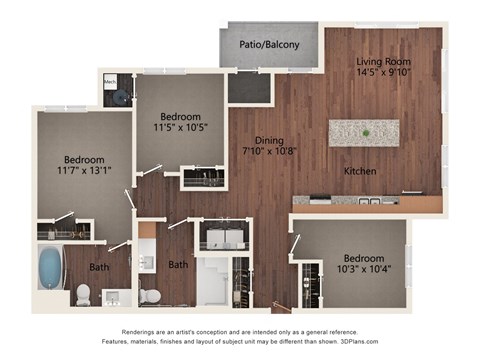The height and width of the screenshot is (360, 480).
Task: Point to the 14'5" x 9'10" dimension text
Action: tap(383, 71)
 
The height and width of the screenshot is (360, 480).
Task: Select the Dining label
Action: tap(267, 141)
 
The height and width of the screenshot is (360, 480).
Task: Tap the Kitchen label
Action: tap(360, 171)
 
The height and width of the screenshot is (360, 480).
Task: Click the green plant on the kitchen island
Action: tap(366, 133)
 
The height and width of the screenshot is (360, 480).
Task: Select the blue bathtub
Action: tap(49, 267)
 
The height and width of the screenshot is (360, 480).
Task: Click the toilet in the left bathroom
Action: tap(83, 294)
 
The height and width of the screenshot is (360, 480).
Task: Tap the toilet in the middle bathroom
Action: tap(150, 295)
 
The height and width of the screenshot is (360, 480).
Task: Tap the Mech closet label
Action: tap(110, 82)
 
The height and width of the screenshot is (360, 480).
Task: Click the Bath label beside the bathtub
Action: tap(99, 267)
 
